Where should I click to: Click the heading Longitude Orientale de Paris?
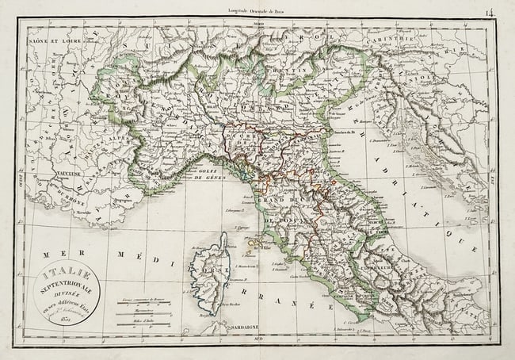(x=257, y=10)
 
